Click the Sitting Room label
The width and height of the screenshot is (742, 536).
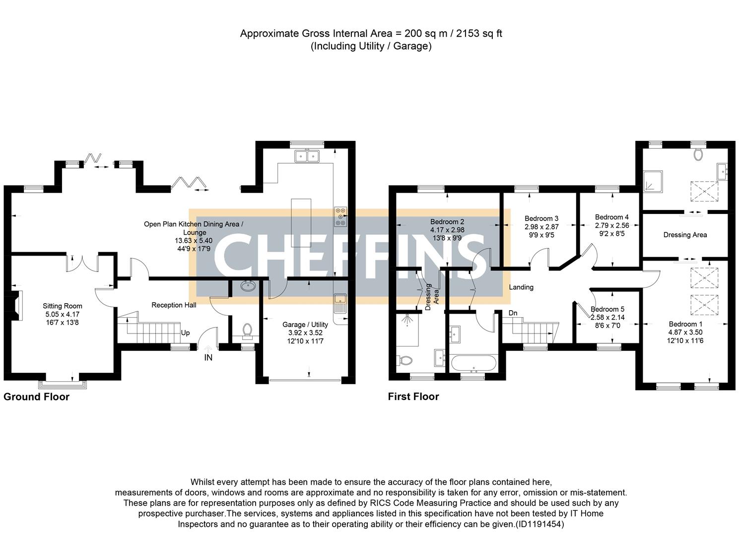pyautogui.click(x=62, y=306)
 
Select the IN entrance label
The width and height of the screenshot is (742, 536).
pyautogui.click(x=208, y=357)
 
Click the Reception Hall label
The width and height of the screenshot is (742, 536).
pyautogui.click(x=174, y=305)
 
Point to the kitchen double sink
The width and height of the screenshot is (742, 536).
pyautogui.click(x=306, y=157)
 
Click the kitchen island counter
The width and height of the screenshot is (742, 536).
pyautogui.click(x=301, y=223)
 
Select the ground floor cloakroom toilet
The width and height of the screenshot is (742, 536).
pyautogui.click(x=247, y=330)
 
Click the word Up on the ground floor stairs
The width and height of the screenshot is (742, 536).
pyautogui.click(x=185, y=333)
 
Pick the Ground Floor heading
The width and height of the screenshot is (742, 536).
pyautogui.click(x=36, y=397)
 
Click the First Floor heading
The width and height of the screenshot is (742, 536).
pyautogui.click(x=413, y=397)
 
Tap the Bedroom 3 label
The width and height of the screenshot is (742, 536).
pyautogui.click(x=541, y=218)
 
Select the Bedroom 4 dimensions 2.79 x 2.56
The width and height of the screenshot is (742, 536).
pyautogui.click(x=612, y=225)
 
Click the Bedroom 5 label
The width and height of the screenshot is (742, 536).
pyautogui.click(x=607, y=309)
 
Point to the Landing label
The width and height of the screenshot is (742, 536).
pyautogui.click(x=521, y=287)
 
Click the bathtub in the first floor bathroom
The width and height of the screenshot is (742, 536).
pyautogui.click(x=471, y=363)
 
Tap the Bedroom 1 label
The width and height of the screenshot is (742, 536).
pyautogui.click(x=685, y=324)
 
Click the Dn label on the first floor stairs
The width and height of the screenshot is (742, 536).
pyautogui.click(x=513, y=313)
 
